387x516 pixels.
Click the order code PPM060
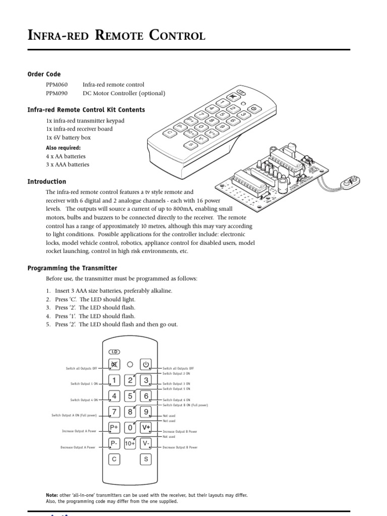(56, 85)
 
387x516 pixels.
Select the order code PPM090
(56, 93)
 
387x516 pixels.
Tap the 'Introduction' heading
(46, 181)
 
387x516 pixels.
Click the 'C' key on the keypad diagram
(114, 459)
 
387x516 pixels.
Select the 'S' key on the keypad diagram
(146, 459)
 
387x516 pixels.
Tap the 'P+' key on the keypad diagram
(114, 427)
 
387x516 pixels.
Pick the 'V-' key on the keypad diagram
(146, 443)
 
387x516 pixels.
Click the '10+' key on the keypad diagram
(130, 443)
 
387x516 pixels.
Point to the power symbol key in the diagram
(146, 364)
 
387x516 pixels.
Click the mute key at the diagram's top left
(114, 364)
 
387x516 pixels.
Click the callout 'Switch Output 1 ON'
(84, 384)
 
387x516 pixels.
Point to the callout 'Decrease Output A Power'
(78, 447)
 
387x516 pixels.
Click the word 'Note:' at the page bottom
(52, 495)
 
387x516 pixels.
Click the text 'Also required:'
(63, 148)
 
